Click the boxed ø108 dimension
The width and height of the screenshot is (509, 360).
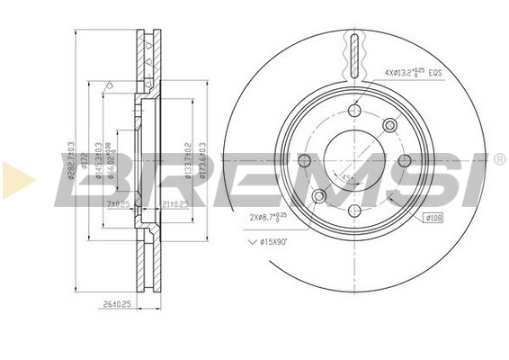tap(433, 217)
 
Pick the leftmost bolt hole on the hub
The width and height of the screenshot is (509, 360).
tap(303, 161)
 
